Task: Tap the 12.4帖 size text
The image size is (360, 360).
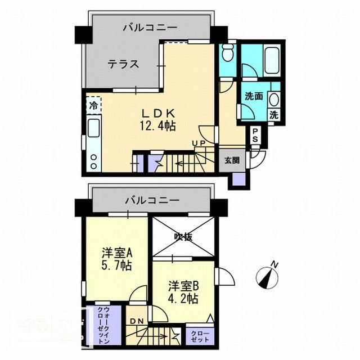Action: [150, 125]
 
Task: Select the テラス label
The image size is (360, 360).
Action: [124, 64]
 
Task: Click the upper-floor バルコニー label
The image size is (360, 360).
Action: [151, 26]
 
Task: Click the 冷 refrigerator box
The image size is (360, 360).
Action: [93, 106]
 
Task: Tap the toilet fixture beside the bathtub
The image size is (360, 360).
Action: [228, 54]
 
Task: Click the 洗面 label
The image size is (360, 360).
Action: [254, 96]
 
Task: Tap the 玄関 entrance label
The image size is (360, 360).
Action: [232, 160]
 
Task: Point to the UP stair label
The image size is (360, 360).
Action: [198, 143]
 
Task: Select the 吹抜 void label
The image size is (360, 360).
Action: [183, 237]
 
